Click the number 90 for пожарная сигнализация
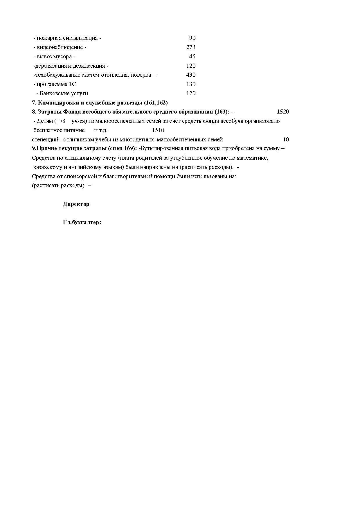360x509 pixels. (x=192, y=38)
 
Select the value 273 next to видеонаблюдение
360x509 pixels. (x=191, y=47)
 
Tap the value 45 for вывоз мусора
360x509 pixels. (x=192, y=56)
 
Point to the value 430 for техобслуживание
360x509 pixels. (x=191, y=75)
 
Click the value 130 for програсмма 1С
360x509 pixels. (x=191, y=84)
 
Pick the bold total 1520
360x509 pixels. (x=283, y=112)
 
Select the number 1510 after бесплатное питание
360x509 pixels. (x=158, y=130)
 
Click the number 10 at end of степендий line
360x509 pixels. (x=286, y=140)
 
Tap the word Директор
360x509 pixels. (x=76, y=204)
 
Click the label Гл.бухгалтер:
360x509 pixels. (x=82, y=223)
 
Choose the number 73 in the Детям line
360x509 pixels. (x=62, y=121)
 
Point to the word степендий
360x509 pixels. (x=45, y=140)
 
